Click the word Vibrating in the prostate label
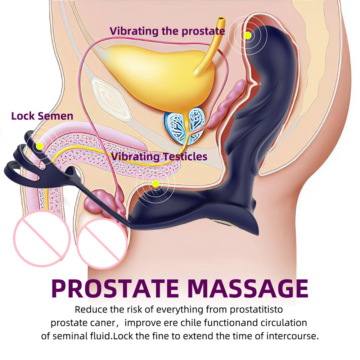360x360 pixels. tap(134, 31)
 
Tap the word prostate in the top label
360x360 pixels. tap(203, 31)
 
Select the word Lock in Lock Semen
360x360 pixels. tap(23, 116)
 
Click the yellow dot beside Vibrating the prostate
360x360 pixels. tap(248, 35)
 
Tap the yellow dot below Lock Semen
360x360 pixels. tap(40, 146)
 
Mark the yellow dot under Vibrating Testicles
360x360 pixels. tap(156, 183)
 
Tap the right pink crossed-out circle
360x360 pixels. tap(102, 243)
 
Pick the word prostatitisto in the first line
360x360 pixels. tap(256, 310)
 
